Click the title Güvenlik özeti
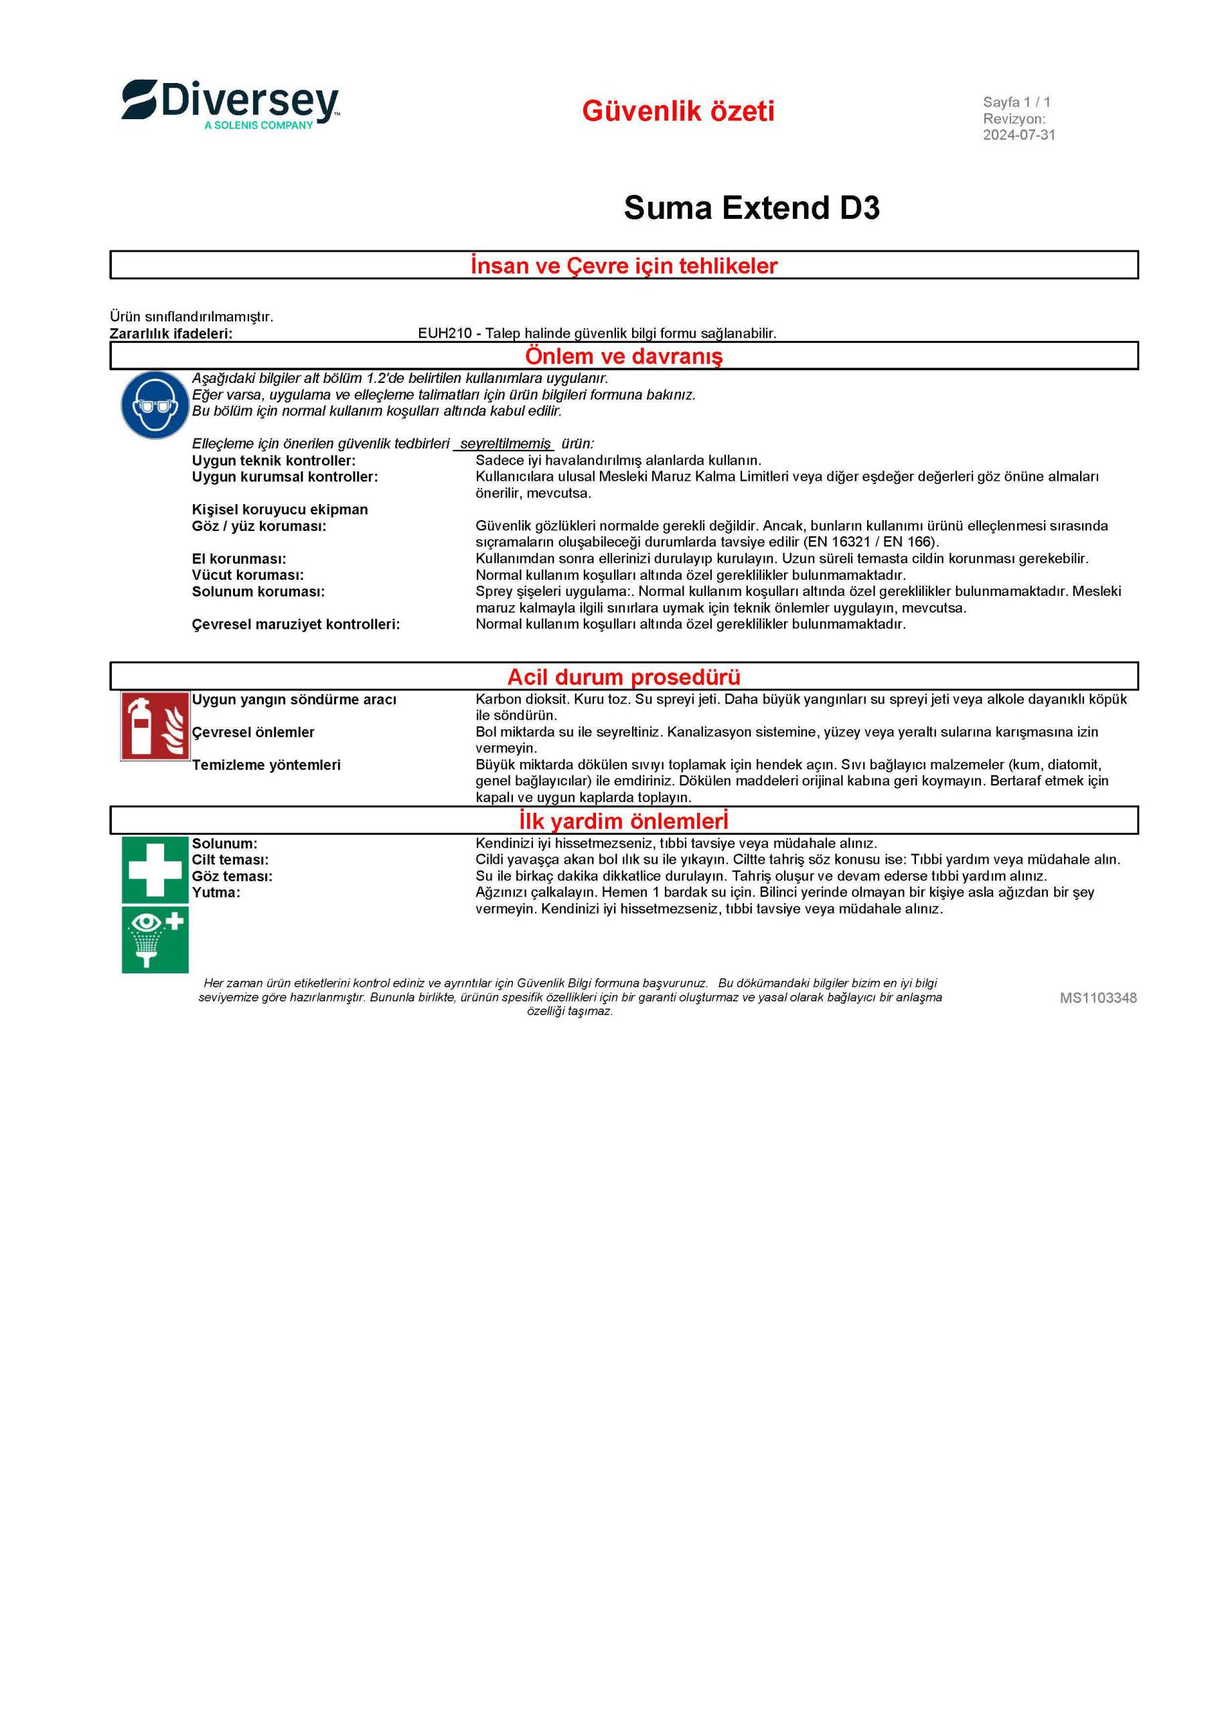click(678, 111)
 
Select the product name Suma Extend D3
click(751, 208)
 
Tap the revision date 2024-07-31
click(1018, 135)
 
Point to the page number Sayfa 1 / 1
click(1016, 102)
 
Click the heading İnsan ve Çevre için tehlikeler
click(623, 266)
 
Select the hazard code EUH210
click(445, 333)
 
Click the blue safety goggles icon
click(154, 404)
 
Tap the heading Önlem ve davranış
click(623, 356)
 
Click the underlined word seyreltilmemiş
click(505, 444)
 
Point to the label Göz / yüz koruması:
click(259, 526)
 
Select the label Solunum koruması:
click(258, 592)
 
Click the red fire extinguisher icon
click(155, 726)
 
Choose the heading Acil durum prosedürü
click(623, 677)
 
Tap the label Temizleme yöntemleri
click(266, 765)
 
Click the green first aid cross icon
click(155, 869)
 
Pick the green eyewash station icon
click(155, 940)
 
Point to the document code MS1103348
click(1097, 998)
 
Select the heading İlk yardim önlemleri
click(623, 821)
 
